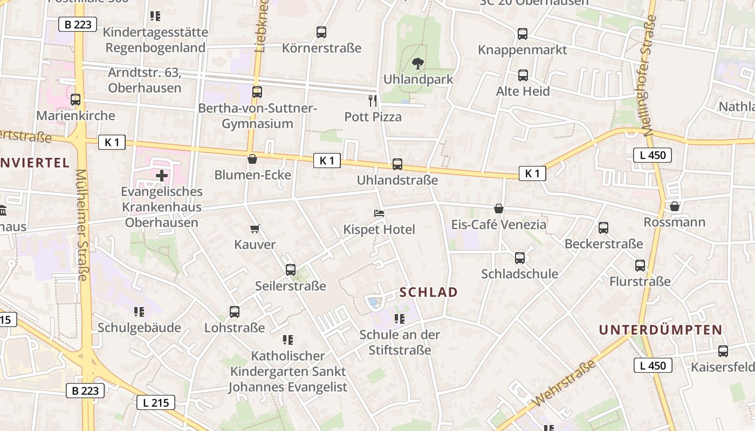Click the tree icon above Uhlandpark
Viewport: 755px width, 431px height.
coord(417,64)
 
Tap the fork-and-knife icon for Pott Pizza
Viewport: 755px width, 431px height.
coord(373,100)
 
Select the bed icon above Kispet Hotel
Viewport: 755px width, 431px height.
coord(379,213)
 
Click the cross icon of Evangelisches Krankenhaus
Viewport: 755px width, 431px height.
coord(161,175)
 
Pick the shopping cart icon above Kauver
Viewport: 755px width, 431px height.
coord(255,228)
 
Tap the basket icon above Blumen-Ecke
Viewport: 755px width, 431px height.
coord(252,159)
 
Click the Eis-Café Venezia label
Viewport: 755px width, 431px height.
coord(498,224)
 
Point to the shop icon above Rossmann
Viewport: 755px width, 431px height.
coord(674,206)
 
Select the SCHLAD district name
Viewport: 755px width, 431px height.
coord(429,293)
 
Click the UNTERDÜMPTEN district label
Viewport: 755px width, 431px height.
coord(661,330)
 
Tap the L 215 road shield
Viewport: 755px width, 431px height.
coord(155,402)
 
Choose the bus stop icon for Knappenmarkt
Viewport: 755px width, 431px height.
coord(522,34)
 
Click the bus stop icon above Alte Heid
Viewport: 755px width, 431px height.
coord(523,75)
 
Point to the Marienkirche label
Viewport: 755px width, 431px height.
coord(75,115)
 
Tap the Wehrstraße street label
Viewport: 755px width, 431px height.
coord(565,384)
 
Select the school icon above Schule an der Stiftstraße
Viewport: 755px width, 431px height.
coord(399,319)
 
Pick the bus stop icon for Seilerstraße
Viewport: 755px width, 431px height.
coord(291,269)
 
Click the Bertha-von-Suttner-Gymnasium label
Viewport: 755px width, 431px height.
coord(257,116)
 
